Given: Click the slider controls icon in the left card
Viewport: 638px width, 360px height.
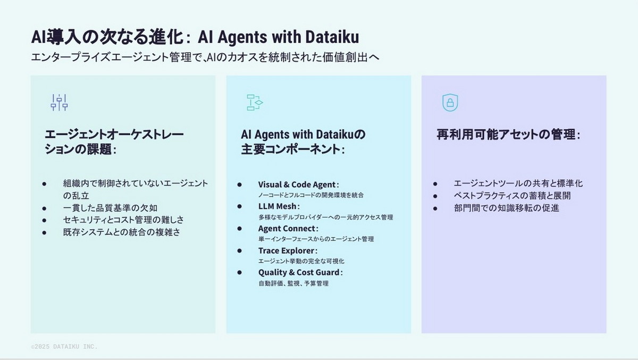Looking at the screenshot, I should click(x=59, y=102).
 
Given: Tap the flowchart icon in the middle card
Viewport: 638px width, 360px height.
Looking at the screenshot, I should click(x=255, y=102).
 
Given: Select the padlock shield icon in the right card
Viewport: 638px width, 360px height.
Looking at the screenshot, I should click(x=450, y=102).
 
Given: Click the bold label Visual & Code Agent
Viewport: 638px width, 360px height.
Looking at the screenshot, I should click(x=298, y=185).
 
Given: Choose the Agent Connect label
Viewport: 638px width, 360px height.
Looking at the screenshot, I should click(x=288, y=228).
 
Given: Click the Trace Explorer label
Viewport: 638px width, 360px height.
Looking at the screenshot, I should click(x=288, y=250).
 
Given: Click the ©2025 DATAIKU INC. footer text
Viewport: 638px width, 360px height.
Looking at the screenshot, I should click(x=64, y=346).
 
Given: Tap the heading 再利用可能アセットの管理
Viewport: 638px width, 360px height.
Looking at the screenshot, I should click(x=508, y=135).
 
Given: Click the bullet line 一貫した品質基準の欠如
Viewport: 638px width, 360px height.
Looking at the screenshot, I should click(x=110, y=208).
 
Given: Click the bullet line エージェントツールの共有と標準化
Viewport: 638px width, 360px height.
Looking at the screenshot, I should click(x=518, y=183).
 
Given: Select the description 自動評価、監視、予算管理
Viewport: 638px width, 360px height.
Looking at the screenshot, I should click(x=293, y=283).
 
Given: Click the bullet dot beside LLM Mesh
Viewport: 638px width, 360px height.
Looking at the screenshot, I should click(x=240, y=206).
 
